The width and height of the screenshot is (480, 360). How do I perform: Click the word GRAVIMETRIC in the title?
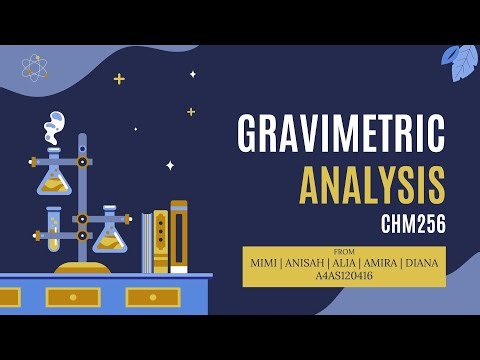(x=341, y=135)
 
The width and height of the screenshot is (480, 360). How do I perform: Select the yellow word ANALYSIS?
(x=372, y=185)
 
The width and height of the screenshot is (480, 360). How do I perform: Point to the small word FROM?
(x=344, y=251)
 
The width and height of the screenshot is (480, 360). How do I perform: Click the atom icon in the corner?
(x=35, y=67)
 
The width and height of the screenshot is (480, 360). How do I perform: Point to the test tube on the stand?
(x=53, y=229)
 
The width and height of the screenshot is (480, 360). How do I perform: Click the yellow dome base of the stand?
(x=82, y=267)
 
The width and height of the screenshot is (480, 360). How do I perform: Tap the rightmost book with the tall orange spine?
(x=178, y=236)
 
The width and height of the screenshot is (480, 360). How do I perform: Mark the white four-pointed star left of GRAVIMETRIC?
(x=170, y=165)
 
